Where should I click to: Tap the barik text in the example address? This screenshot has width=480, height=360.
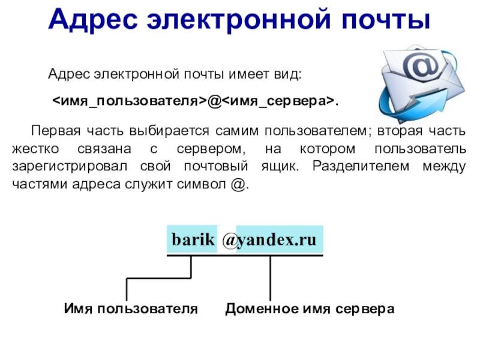[x=192, y=239]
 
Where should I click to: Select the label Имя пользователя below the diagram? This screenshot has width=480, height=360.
[x=130, y=309]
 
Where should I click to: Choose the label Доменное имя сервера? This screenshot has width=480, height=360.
[x=310, y=309]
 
